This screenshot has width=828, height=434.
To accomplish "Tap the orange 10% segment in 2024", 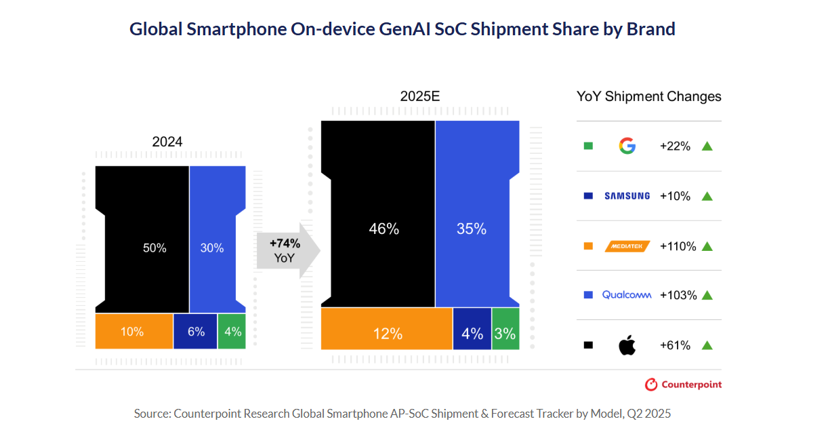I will pos(134,332).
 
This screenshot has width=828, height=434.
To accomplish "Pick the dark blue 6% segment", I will pos(196,332).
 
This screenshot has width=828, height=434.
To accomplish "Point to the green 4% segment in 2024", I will pos(232,332).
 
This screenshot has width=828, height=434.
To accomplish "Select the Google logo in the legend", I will pos(627,146).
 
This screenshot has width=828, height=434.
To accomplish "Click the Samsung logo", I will pos(627,196).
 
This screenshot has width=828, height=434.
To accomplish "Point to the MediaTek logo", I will pos(627,246).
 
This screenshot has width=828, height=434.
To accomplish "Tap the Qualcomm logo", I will pos(627,295).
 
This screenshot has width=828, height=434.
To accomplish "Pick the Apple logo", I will pos(627,345).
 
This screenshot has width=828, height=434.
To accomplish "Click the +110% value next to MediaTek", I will pos(678,246).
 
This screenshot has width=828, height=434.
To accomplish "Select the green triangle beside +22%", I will pos(707,146).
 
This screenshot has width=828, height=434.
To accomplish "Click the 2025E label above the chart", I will pos(420,96).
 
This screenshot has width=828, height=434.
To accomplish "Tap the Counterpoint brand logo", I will pos(683,384).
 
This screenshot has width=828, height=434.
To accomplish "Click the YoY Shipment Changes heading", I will pos(649,96).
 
